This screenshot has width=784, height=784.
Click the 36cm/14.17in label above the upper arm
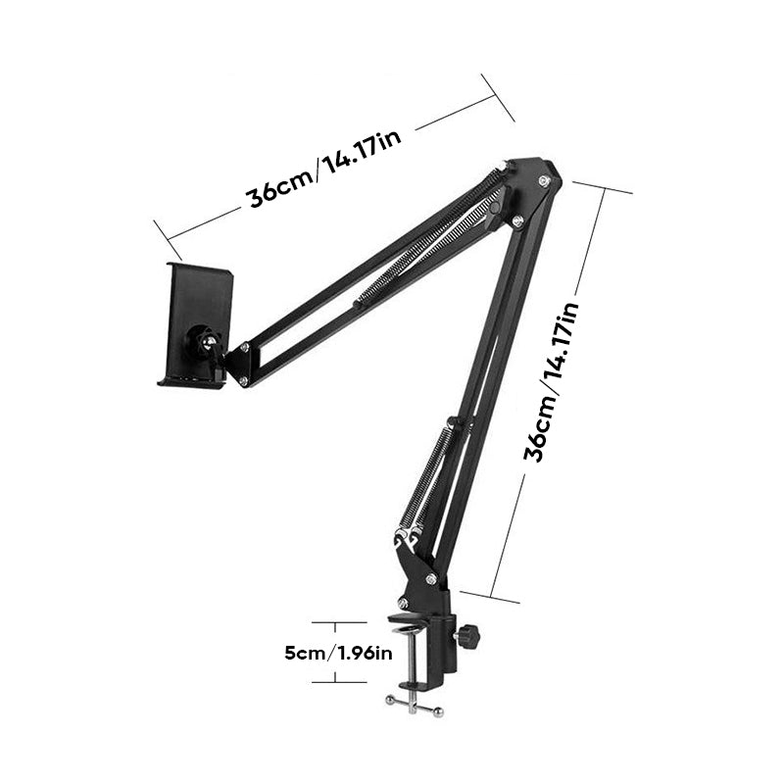click(323, 164)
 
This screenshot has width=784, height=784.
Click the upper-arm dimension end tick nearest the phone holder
click(162, 234)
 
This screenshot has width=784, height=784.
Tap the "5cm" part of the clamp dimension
click(301, 652)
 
